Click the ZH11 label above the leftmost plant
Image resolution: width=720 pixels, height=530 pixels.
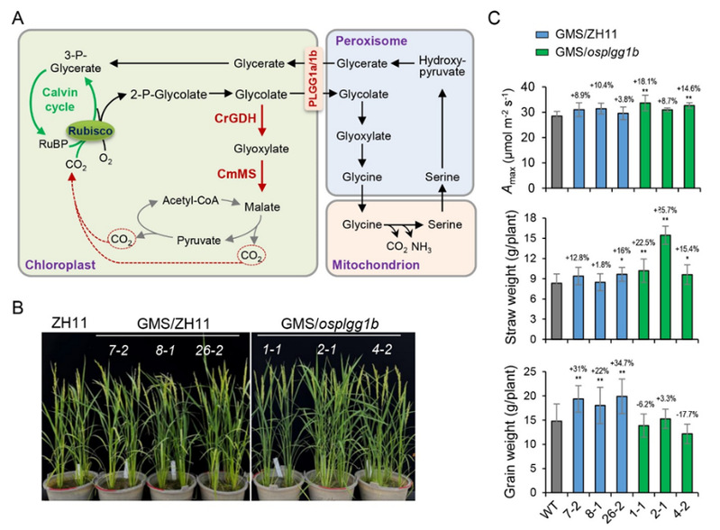click(64, 322)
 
